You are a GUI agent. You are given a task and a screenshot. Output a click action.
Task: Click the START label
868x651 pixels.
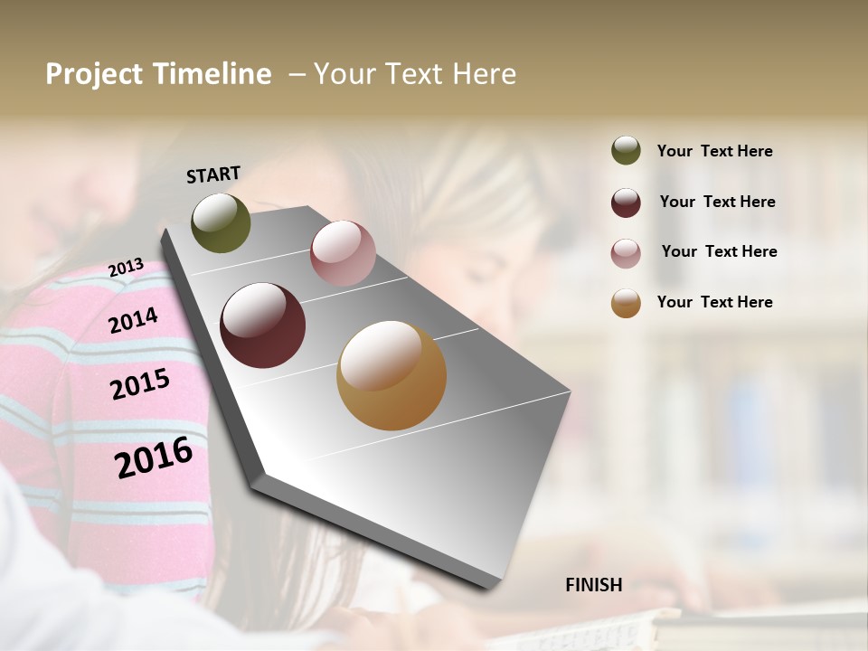(x=213, y=175)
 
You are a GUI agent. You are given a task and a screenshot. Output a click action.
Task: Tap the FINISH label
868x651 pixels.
(x=593, y=585)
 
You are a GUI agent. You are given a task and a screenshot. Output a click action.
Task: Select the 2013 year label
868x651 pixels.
(x=126, y=268)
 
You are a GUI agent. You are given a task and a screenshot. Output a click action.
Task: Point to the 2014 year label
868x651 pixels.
(x=133, y=320)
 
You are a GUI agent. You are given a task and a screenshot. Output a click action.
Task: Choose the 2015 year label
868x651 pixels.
(x=140, y=384)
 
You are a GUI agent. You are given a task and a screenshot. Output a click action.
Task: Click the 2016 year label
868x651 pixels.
(x=154, y=458)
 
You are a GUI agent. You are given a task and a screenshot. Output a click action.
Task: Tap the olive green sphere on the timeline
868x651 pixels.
(x=221, y=222)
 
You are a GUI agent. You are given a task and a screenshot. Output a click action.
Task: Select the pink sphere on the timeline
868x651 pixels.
(x=343, y=252)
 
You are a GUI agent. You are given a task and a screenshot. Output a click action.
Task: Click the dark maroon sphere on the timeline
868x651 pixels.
(x=262, y=325)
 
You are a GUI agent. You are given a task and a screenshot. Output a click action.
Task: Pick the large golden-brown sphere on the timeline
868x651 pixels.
(x=391, y=375)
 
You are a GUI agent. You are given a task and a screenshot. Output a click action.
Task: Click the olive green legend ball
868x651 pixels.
(x=626, y=150)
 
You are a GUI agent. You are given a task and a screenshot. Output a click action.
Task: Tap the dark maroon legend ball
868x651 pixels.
(x=626, y=203)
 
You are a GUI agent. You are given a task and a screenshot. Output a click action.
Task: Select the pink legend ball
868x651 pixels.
(x=626, y=253)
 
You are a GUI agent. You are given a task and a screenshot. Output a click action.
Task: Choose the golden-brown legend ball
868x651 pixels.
(x=626, y=303)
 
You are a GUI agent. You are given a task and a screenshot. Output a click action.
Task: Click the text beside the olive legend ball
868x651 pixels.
(x=714, y=151)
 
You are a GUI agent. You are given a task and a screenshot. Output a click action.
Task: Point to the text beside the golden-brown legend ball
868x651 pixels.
(x=714, y=302)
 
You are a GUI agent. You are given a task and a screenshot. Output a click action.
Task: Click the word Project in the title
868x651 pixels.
(x=94, y=74)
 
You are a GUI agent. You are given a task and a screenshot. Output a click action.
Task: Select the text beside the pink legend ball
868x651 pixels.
(x=719, y=251)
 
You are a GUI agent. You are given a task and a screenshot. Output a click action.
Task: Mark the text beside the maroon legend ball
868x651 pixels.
(x=717, y=202)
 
